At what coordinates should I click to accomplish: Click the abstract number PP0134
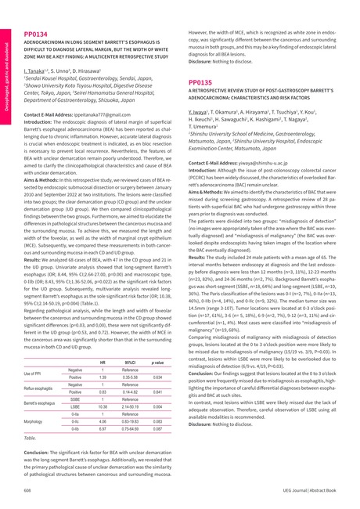coord(36,13)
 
